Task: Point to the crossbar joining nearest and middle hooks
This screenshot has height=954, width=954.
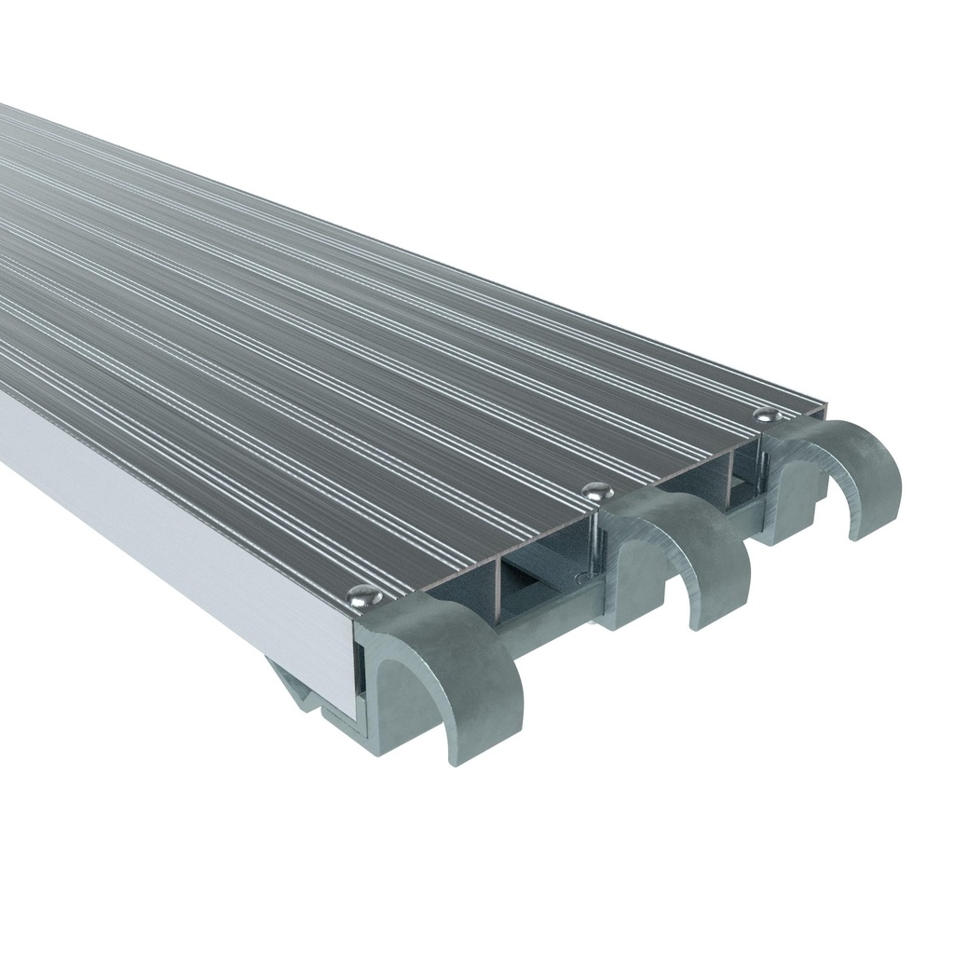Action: (x=550, y=626)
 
